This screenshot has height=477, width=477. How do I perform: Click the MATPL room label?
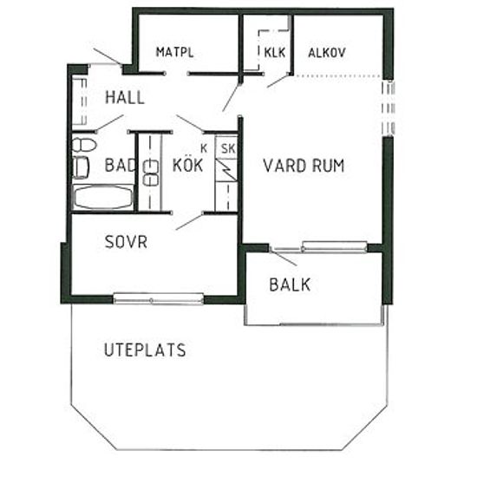174,52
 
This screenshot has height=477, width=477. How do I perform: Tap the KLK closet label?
275,52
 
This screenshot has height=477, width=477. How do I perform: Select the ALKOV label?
327,53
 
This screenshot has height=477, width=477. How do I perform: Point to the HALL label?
124,98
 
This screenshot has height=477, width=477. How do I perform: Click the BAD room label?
120,165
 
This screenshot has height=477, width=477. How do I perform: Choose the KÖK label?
187,165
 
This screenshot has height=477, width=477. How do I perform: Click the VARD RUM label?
304,166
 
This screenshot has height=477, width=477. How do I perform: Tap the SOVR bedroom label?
126,242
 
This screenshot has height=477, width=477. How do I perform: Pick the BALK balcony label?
290,284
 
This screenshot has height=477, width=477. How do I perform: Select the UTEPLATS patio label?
145,350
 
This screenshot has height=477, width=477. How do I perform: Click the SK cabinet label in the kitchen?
228,149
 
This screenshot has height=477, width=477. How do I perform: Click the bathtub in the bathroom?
103,198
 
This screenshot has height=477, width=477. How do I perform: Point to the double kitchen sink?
151,173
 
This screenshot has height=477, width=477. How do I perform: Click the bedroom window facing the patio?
158,298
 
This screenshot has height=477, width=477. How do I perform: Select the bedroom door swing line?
190,221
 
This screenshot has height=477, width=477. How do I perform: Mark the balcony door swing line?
284,258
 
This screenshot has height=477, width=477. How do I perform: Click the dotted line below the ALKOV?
338,75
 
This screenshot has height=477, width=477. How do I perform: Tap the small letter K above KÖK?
204,148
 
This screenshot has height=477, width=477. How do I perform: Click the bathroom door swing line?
110,122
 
